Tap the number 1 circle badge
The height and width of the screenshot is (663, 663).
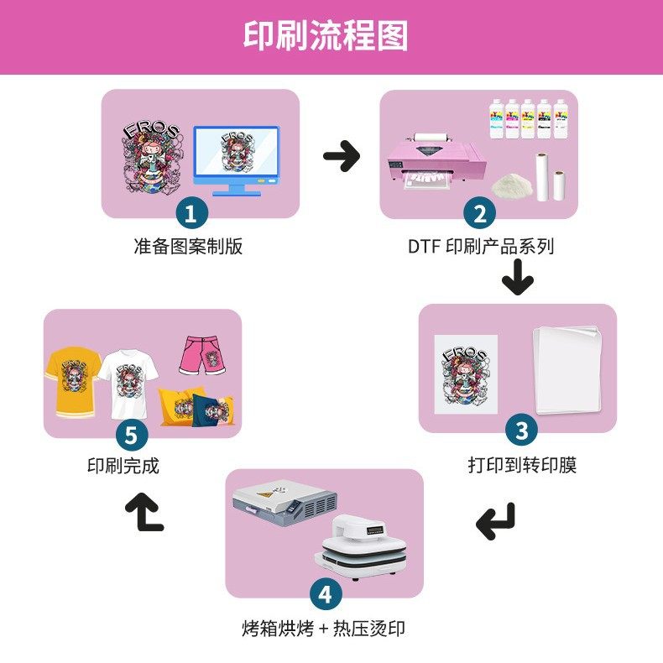pos(191,213)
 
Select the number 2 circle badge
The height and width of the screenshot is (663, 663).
pos(479,213)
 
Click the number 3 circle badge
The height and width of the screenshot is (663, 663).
pos(521,431)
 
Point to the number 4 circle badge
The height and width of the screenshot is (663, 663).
pos(326,595)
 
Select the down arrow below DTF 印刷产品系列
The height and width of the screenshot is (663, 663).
pos(518,278)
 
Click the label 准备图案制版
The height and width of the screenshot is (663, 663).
pos(188,247)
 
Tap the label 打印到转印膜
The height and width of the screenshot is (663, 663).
pos(522,465)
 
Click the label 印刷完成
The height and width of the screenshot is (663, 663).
pos(123,466)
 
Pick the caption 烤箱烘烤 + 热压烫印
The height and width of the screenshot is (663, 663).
pos(324,629)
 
